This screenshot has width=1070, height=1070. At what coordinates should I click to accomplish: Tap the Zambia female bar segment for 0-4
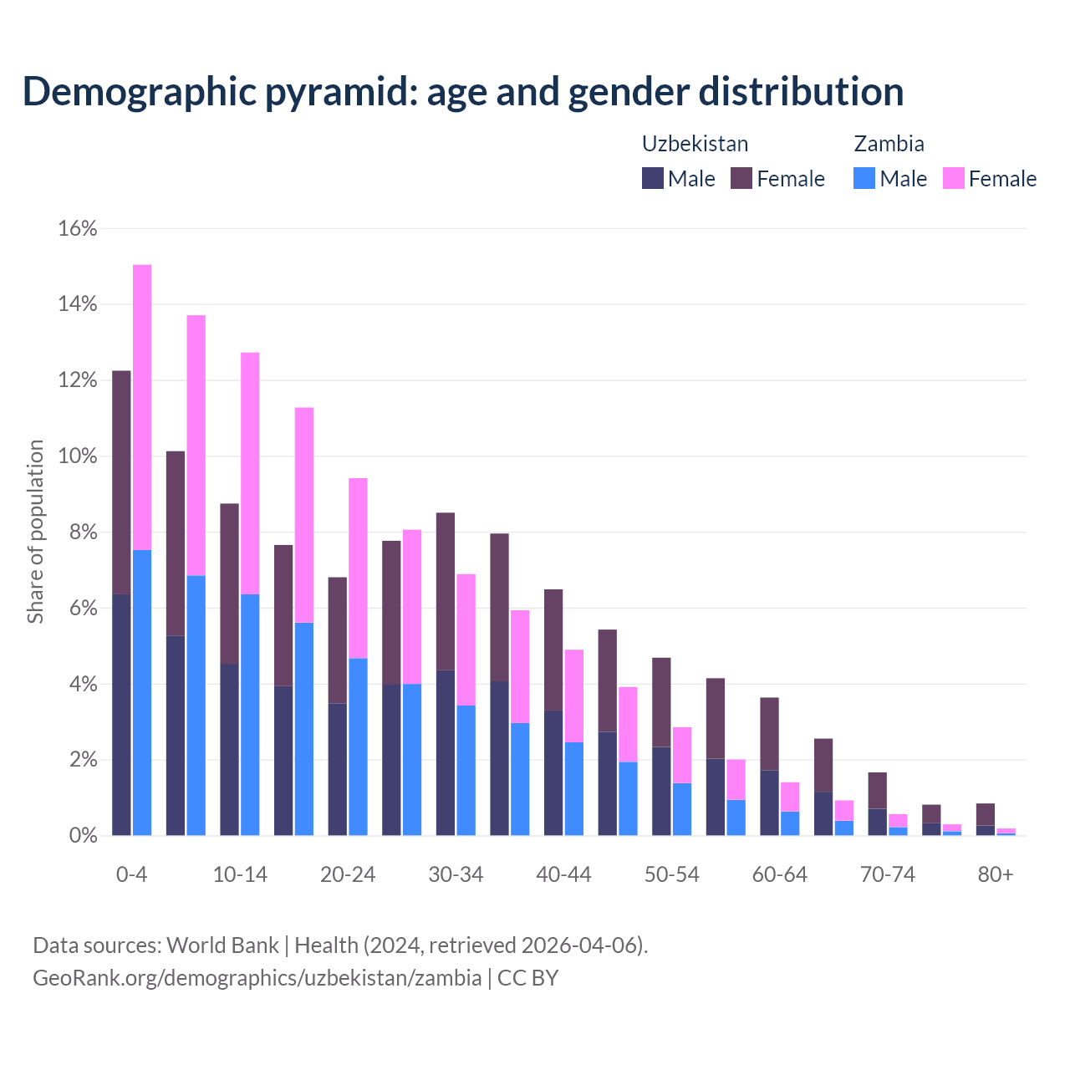pos(142,407)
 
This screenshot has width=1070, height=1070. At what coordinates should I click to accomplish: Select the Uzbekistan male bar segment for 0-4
pos(121,715)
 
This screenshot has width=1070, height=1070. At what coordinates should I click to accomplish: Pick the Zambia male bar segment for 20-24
pos(358,746)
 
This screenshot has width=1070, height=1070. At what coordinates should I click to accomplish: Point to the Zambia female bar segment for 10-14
pos(250,473)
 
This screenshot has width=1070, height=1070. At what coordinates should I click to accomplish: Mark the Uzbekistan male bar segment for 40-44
pos(553,772)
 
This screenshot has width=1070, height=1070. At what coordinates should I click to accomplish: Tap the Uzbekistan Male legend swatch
pos(653,178)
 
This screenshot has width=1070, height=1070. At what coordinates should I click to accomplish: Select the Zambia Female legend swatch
pos(954,178)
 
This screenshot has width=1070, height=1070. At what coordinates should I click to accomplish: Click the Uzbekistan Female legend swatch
pos(741,178)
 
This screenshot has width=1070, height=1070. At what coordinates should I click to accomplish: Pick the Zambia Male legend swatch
pos(864,178)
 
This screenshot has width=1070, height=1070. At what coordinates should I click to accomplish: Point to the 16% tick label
pos(78,228)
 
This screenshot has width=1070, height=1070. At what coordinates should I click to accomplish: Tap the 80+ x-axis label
pos(996,874)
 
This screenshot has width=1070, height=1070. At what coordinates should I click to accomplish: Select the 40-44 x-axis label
pos(563,874)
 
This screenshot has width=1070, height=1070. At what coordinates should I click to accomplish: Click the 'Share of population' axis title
pos(35,532)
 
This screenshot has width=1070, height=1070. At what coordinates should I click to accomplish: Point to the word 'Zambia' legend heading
pos(889,144)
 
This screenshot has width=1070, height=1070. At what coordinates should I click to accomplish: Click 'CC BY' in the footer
pos(527,977)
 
